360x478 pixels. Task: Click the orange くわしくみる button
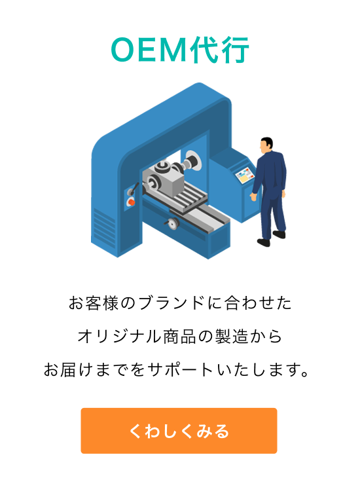pyautogui.click(x=179, y=430)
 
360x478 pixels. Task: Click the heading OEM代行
pyautogui.click(x=180, y=50)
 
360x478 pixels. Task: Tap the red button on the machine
pyautogui.click(x=132, y=202)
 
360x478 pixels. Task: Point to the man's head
pyautogui.click(x=266, y=145)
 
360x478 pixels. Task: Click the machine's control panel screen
pyautogui.click(x=245, y=175)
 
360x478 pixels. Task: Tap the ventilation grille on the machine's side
pyautogui.click(x=105, y=227)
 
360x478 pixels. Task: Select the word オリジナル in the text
pyautogui.click(x=119, y=337)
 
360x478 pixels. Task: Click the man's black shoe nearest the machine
pyautogui.click(x=264, y=242)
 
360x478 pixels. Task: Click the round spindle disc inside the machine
pyautogui.click(x=193, y=161)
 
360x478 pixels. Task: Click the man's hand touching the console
pyautogui.click(x=253, y=196)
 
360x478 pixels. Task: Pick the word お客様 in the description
pyautogui.click(x=93, y=304)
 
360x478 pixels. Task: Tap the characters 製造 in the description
pyautogui.click(x=232, y=337)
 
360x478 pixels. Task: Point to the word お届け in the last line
pyautogui.click(x=68, y=370)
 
